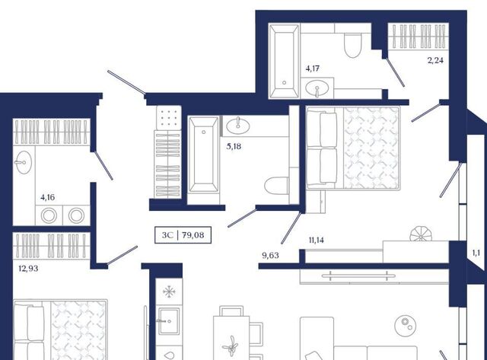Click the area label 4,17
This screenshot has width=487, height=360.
313,68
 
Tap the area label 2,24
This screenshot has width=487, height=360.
435,61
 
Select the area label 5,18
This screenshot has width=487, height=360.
234,146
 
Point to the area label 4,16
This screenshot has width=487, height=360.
47,197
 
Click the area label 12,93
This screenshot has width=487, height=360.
28,269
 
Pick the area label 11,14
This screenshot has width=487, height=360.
317,240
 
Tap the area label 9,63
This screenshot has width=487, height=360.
270,256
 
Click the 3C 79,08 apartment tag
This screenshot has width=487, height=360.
183,235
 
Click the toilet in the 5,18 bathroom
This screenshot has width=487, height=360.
276,186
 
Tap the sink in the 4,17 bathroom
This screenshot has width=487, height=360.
317,88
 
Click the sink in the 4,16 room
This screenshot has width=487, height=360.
23,162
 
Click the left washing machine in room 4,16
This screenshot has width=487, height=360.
49,215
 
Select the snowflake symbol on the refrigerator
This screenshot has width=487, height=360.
169,292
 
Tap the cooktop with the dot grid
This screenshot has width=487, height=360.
169,118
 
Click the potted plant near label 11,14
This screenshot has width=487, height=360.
420,234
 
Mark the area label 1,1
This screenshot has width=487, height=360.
476,253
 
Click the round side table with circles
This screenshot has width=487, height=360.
406,325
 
